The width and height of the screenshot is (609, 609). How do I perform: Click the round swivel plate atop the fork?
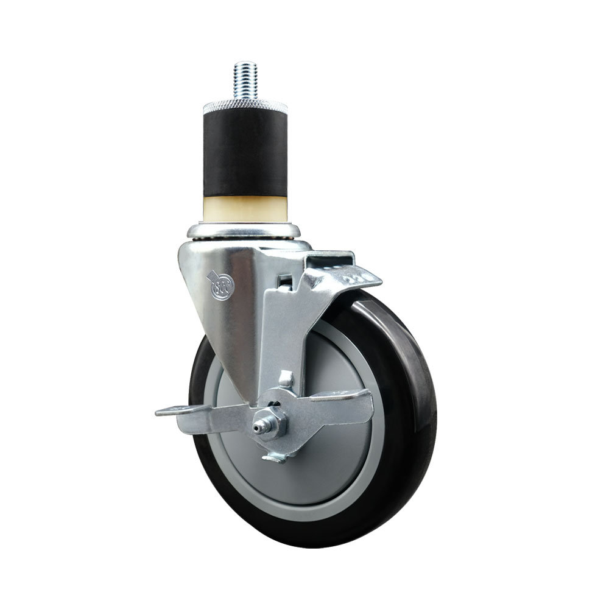(x=244, y=230)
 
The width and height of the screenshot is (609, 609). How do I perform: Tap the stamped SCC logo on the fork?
(x=219, y=286)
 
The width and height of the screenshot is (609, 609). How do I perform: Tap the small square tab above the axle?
(x=284, y=379)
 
